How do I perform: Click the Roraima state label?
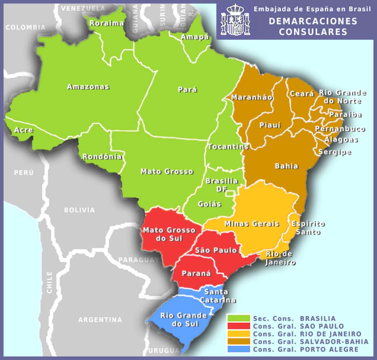[x=106, y=23]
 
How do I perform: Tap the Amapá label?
[x=195, y=37]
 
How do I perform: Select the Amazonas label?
[x=88, y=87]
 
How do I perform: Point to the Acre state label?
[x=23, y=130]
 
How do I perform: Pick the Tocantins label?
[x=228, y=147]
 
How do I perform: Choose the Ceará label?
[x=302, y=94]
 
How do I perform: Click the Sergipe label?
[x=335, y=152]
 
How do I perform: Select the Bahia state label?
[x=287, y=166]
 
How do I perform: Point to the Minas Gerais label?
[x=252, y=223]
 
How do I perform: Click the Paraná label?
[x=196, y=273]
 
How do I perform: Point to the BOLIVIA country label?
[x=79, y=210]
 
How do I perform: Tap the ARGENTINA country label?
[x=100, y=320]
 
